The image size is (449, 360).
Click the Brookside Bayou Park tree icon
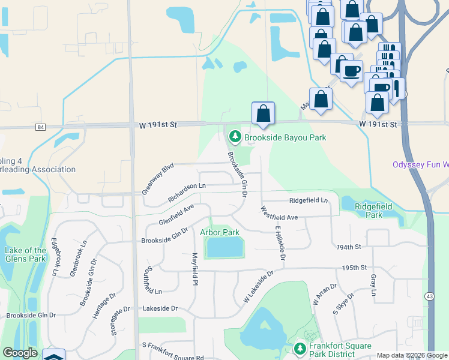pyautogui.click(x=235, y=138)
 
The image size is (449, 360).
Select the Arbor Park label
pyautogui.click(x=220, y=232)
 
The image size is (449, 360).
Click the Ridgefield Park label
pyautogui.click(x=373, y=210)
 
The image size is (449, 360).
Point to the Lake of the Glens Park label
pyautogui.click(x=25, y=255)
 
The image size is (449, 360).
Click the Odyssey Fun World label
pyautogui.click(x=420, y=164)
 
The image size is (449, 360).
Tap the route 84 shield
pyautogui.click(x=40, y=127)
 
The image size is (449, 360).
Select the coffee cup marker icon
pyautogui.click(x=351, y=71)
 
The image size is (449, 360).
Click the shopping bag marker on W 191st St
pyautogui.click(x=263, y=113)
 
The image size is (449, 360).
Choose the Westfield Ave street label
pyautogui.click(x=279, y=213)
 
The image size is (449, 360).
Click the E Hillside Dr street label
pyautogui.click(x=279, y=243)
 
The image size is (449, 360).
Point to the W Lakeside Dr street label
pyautogui.click(x=258, y=286)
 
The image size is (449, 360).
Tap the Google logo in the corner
pyautogui.click(x=20, y=353)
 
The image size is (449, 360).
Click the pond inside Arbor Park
pyautogui.click(x=224, y=247)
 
